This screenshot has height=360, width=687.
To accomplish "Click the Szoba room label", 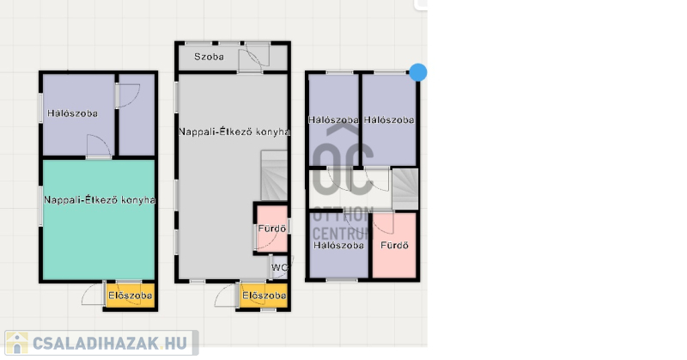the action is [209, 57].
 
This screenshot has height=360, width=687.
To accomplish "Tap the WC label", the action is [279, 267].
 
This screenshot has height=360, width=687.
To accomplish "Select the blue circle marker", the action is [418, 72].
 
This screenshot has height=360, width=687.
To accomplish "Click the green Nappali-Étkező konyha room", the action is [99, 220].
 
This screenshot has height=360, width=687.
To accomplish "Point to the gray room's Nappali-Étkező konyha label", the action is [234, 131].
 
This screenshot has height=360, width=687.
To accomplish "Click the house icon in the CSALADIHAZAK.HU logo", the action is [17, 343].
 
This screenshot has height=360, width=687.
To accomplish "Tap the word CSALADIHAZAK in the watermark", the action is [94, 344].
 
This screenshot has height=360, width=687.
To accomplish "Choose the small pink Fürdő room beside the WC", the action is [271, 229].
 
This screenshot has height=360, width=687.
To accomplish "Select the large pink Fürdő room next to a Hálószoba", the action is [394, 245].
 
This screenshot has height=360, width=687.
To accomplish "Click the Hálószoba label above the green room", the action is [72, 113].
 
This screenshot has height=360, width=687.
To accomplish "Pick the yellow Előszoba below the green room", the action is [131, 296].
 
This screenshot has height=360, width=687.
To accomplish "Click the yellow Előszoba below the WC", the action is [264, 296].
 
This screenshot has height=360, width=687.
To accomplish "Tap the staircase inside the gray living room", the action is [274, 176].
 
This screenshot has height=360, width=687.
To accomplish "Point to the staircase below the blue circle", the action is [404, 188].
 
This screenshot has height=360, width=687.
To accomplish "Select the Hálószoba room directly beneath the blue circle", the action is [389, 119].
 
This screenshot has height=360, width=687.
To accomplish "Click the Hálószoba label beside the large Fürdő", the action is [338, 245].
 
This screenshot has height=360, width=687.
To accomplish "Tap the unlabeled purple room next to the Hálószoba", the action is [137, 115].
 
